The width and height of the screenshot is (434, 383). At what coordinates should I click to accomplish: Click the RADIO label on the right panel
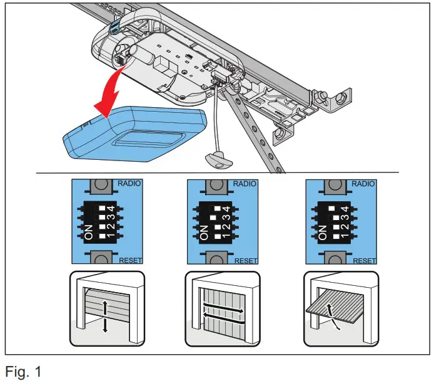coord(363,184)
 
